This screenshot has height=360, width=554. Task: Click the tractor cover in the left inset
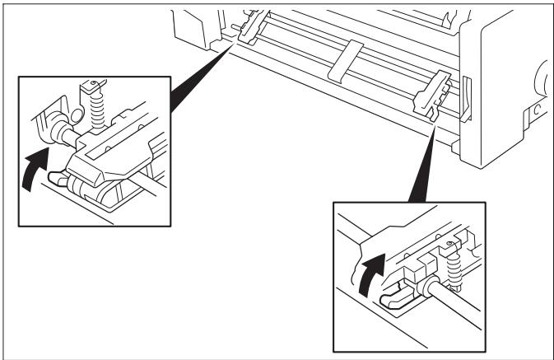pyautogui.click(x=115, y=153)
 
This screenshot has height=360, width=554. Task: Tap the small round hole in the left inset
pyautogui.click(x=93, y=82)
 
